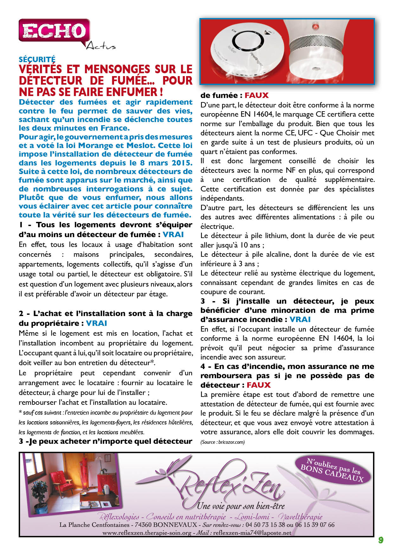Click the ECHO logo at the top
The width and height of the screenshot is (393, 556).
(54, 31)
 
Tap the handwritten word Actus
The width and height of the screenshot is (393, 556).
(101, 46)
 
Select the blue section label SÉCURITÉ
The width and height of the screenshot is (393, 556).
(37, 59)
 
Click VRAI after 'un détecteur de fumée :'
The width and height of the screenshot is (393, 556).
(173, 235)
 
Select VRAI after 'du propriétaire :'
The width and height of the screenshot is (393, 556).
(96, 323)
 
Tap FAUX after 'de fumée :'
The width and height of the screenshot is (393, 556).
(256, 95)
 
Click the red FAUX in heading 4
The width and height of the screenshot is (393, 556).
(259, 385)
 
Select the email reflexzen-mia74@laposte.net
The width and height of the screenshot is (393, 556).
(252, 533)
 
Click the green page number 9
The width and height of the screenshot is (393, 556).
(381, 540)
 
